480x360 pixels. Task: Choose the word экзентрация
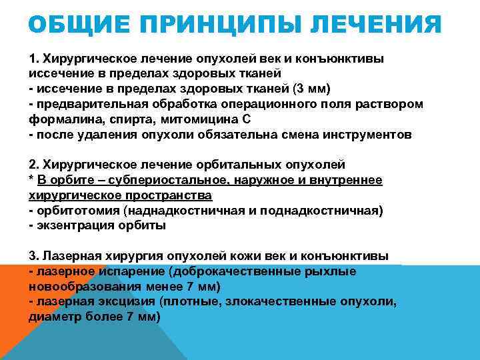pos(75,226)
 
